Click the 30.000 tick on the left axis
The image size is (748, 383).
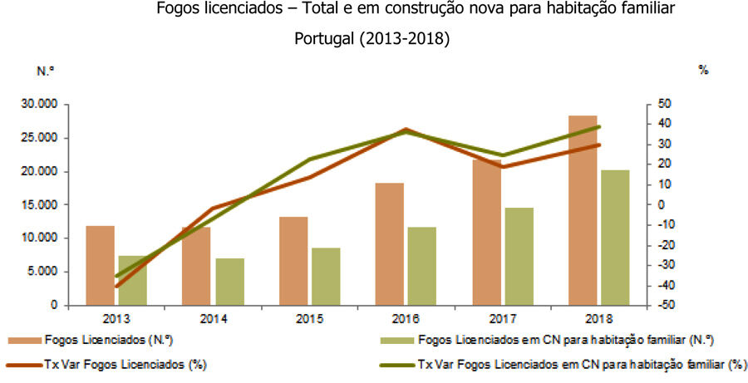(39, 105)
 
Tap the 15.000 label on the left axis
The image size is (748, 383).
(39, 205)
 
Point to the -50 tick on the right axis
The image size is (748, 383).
(665, 306)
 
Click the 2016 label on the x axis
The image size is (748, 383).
(406, 318)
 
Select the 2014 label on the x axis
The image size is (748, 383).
(213, 318)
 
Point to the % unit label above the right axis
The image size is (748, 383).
(703, 71)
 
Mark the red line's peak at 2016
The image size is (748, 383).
(406, 130)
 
